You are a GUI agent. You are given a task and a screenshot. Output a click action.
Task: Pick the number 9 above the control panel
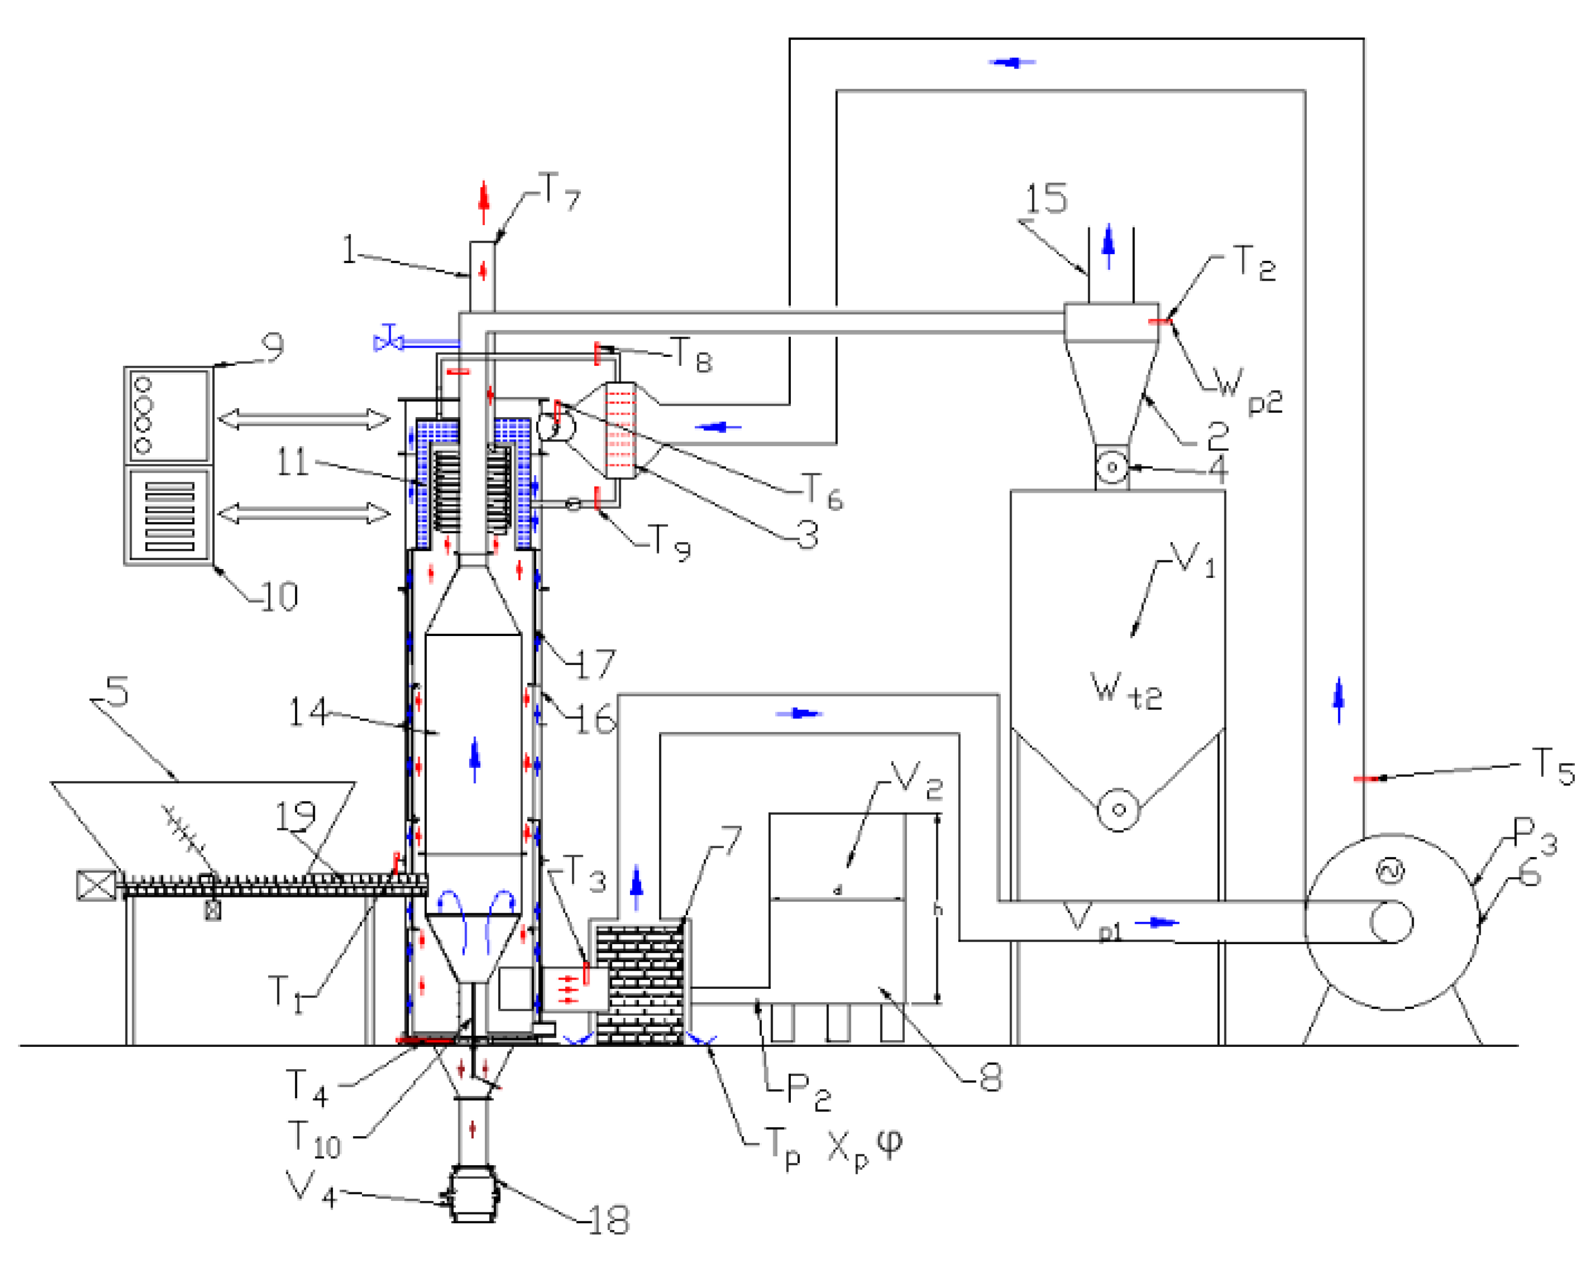[272, 346]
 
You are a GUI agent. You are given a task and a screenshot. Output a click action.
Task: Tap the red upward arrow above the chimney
[484, 202]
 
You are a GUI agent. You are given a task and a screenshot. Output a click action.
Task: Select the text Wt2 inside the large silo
[1125, 691]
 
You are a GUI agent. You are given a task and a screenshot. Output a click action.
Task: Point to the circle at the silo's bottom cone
[1118, 810]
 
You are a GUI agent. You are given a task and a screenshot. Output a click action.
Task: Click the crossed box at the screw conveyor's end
[96, 885]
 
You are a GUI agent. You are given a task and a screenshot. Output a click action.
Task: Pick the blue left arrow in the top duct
[1012, 63]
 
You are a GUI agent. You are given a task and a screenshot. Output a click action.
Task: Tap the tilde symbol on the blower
[1390, 872]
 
